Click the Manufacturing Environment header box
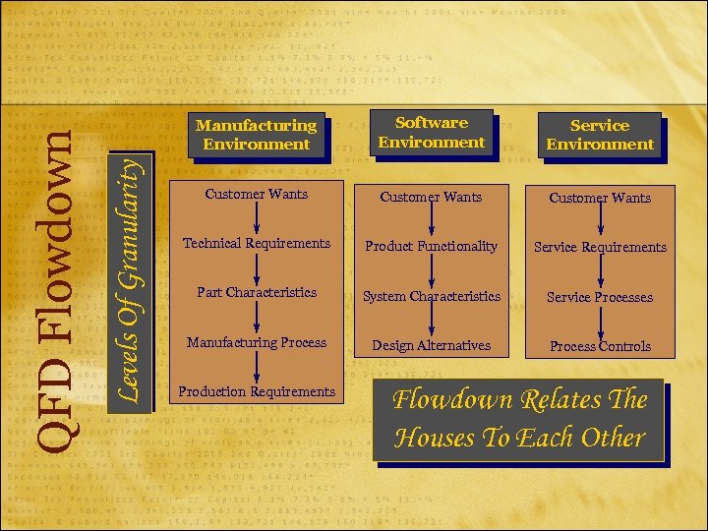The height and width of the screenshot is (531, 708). pyautogui.click(x=256, y=135)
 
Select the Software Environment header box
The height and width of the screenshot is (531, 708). pyautogui.click(x=432, y=133)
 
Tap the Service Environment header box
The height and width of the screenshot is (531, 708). pyautogui.click(x=600, y=135)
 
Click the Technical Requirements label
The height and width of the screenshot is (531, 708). pyautogui.click(x=256, y=243)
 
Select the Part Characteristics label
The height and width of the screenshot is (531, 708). pyautogui.click(x=256, y=292)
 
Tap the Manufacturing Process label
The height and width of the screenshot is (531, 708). pyautogui.click(x=256, y=342)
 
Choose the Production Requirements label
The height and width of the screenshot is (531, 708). pyautogui.click(x=256, y=391)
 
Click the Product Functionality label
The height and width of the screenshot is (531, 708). pyautogui.click(x=432, y=246)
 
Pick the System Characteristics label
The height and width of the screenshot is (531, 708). pyautogui.click(x=432, y=296)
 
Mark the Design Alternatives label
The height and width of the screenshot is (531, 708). pyautogui.click(x=432, y=345)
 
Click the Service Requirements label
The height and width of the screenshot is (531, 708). pyautogui.click(x=600, y=247)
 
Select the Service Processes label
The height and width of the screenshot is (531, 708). pyautogui.click(x=600, y=297)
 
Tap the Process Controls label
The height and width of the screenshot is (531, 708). pyautogui.click(x=600, y=346)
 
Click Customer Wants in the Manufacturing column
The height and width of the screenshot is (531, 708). pyautogui.click(x=256, y=194)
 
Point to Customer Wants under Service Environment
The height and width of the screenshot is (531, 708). pyautogui.click(x=600, y=198)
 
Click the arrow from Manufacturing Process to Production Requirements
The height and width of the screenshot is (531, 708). pyautogui.click(x=256, y=367)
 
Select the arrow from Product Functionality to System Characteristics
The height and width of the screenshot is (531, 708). pyautogui.click(x=432, y=270)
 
